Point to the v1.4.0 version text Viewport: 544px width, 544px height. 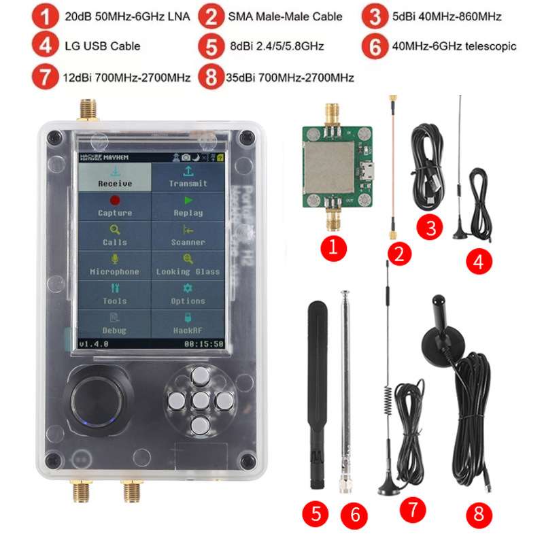[94, 344]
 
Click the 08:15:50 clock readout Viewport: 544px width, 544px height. [204, 344]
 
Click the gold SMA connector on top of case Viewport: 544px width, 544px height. [88, 109]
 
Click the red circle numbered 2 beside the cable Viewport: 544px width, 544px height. [400, 255]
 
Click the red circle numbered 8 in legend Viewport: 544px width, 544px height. [211, 77]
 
